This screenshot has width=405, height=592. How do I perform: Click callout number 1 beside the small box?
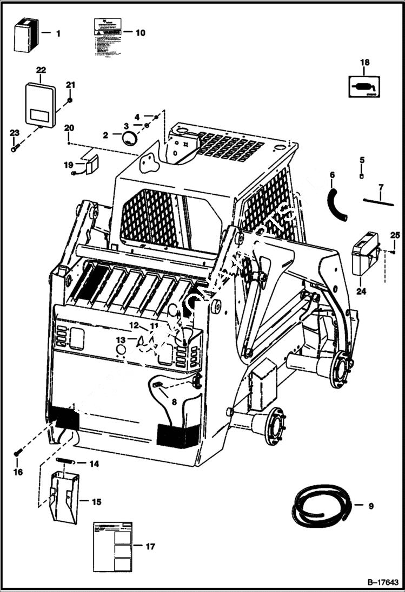tap(58, 33)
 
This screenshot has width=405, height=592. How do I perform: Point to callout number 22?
tap(41, 70)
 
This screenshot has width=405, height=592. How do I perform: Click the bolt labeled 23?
tap(15, 146)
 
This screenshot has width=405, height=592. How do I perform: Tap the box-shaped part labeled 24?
tap(365, 253)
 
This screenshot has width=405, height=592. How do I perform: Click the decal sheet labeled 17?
tap(112, 546)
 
